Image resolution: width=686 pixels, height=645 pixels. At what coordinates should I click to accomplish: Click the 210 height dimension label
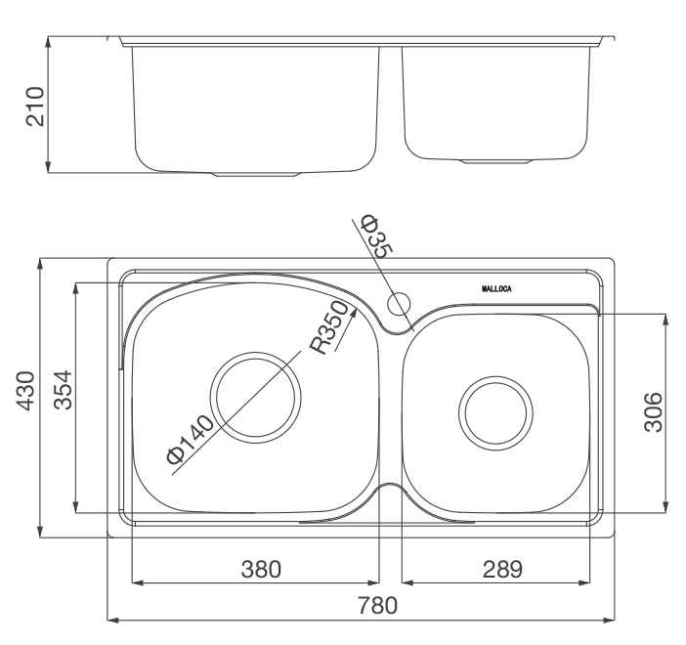click(35, 107)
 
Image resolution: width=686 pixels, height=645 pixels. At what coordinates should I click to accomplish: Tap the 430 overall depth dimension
click(25, 391)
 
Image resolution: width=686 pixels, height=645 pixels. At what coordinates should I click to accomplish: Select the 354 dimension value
click(63, 390)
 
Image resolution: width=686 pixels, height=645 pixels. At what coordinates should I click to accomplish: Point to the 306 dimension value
click(654, 412)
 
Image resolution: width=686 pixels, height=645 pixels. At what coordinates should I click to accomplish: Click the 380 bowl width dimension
click(261, 570)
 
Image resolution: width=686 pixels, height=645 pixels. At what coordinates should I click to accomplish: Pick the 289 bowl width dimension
click(502, 570)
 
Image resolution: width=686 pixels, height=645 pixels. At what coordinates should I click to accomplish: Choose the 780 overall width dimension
click(378, 606)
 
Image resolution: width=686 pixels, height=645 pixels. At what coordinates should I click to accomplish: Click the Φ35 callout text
click(376, 236)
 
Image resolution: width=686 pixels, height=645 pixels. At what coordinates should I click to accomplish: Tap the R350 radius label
click(329, 327)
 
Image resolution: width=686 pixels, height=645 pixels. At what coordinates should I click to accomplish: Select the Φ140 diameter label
click(190, 440)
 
